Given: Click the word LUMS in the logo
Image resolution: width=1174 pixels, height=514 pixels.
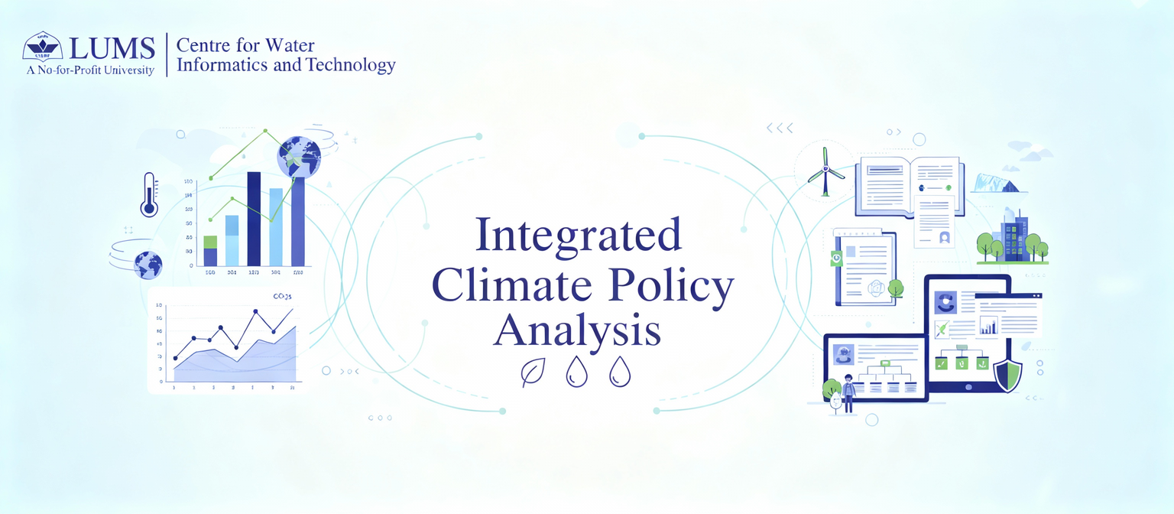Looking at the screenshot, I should tap(112, 48).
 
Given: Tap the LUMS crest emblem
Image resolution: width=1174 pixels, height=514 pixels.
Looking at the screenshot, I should tap(44, 47).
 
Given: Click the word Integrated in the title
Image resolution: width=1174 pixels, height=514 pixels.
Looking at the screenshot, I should tap(578, 235).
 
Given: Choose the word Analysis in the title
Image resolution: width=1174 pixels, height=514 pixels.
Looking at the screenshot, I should tap(577, 332).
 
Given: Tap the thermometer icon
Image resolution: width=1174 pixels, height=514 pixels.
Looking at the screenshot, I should tap(148, 194).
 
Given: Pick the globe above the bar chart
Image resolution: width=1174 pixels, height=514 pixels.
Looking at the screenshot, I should tap(299, 156).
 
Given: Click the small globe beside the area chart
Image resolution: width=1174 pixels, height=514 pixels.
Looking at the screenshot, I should tap(148, 265).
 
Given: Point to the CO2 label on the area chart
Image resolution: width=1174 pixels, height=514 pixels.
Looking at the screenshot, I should tap(283, 296).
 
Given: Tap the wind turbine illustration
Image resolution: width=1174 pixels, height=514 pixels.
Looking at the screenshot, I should tap(825, 173).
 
